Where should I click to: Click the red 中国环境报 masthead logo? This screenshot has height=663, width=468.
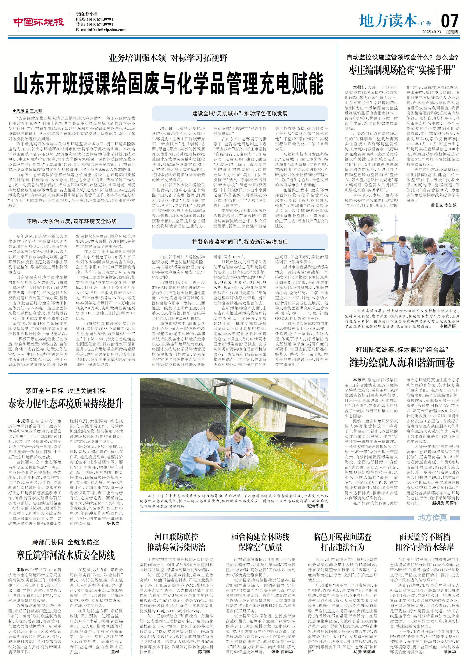(38, 22)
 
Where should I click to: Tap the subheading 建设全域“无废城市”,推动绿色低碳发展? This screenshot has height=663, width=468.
(240, 113)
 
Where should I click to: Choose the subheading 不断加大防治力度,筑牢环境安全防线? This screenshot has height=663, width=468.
(72, 221)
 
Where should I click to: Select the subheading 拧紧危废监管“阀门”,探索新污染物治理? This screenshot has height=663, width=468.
(240, 242)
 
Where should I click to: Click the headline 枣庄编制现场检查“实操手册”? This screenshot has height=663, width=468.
(402, 70)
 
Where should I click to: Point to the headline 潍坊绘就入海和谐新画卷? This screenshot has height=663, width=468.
(402, 363)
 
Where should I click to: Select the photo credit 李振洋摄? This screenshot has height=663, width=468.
(447, 326)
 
